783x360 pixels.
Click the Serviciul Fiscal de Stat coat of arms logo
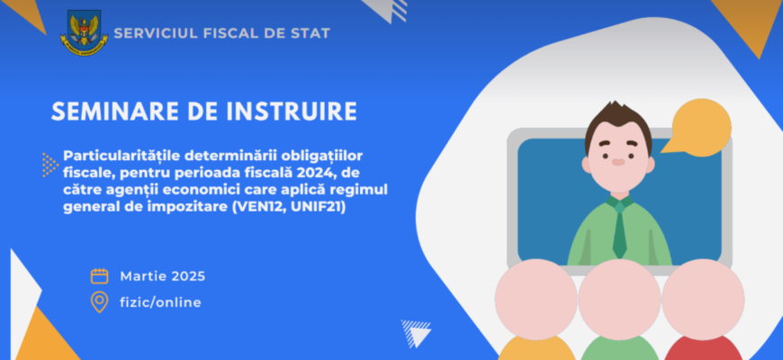84,33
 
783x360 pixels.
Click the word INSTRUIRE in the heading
292,112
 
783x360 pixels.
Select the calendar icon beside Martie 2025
99,276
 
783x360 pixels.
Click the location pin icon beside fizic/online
99,302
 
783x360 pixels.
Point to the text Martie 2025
163,276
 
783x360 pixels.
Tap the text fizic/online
161,302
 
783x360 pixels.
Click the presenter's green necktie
619,229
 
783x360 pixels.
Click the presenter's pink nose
618,162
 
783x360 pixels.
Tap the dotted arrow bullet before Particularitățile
49,165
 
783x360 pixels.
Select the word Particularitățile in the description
121,156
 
